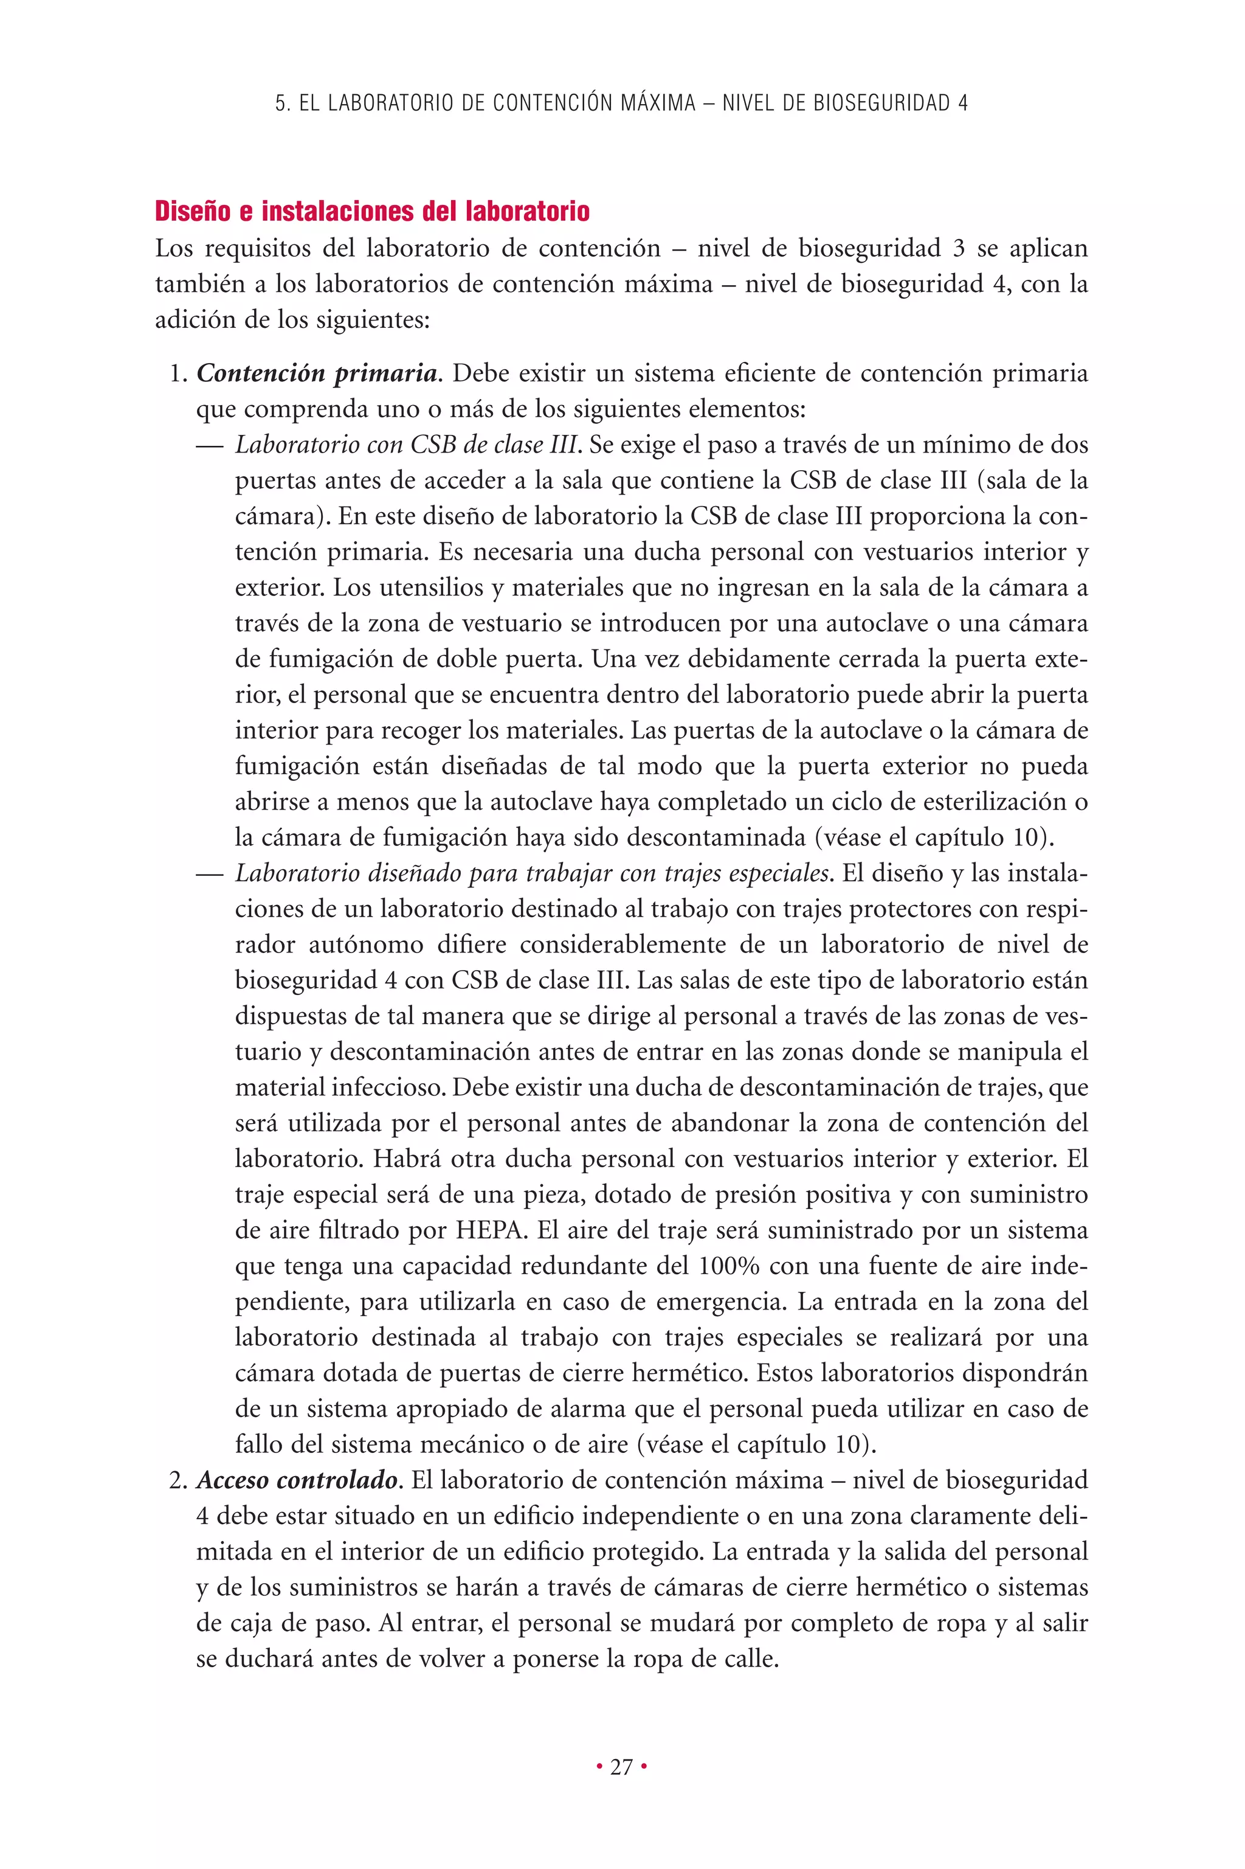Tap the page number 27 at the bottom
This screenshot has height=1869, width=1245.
pos(622,1767)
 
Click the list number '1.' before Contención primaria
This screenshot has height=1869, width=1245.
pos(178,373)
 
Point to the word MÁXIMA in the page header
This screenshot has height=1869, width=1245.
pos(657,103)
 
